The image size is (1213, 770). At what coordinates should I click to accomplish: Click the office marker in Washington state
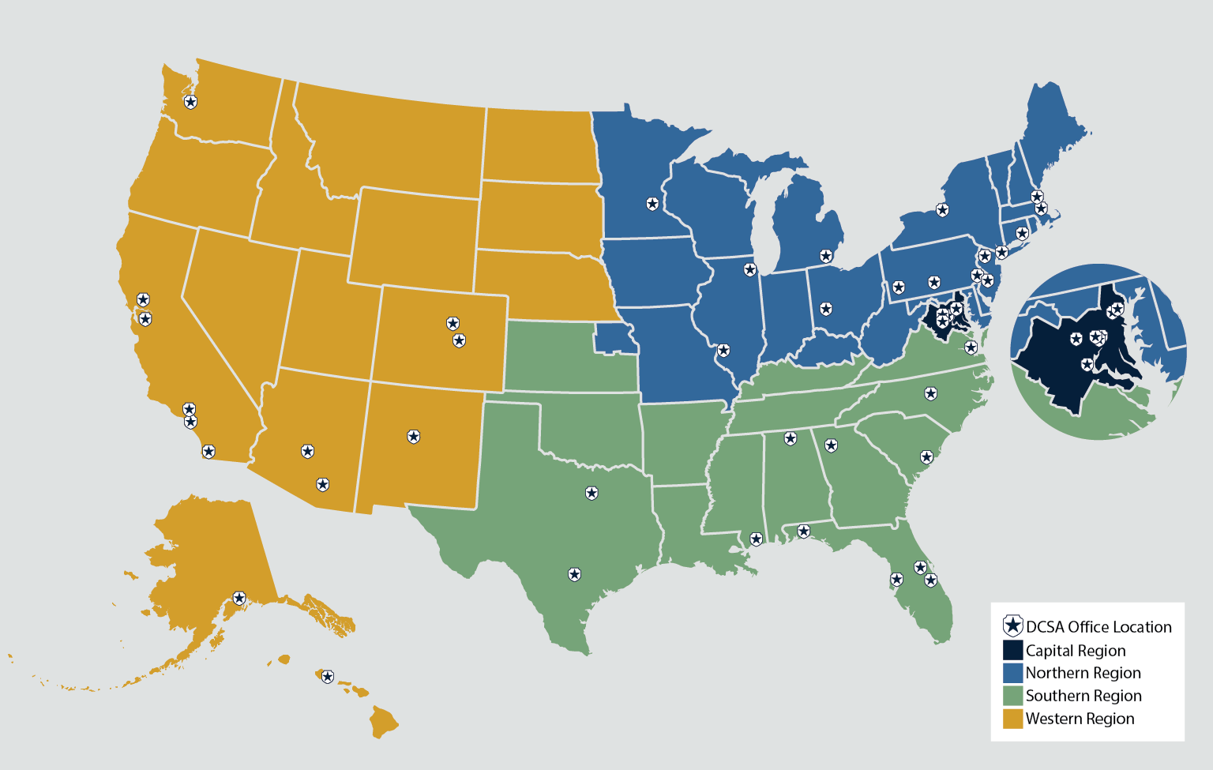tap(190, 102)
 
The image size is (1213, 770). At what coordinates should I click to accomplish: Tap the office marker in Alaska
tap(239, 599)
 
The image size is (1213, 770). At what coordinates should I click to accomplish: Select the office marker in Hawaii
tap(327, 677)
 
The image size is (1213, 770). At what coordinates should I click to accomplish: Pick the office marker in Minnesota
tap(652, 204)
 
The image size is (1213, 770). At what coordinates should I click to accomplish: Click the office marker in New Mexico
tap(413, 436)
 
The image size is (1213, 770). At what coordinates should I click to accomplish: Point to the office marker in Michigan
tap(826, 256)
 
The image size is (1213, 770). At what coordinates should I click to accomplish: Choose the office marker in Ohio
tap(826, 309)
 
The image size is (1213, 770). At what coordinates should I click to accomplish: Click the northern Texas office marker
tap(591, 493)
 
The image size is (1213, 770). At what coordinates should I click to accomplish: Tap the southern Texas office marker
tap(575, 574)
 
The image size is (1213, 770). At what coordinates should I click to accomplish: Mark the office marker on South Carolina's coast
tap(926, 457)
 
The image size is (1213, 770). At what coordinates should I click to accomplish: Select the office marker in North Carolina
tap(931, 393)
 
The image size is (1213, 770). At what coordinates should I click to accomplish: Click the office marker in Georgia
tap(831, 445)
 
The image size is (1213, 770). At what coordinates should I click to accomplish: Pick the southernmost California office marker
tap(208, 452)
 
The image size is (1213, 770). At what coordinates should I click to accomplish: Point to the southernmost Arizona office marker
tap(322, 484)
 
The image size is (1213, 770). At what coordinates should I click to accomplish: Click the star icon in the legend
tap(1012, 626)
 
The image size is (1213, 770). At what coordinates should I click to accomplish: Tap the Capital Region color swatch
tap(1012, 650)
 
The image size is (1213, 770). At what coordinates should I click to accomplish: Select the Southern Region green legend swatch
tap(1012, 696)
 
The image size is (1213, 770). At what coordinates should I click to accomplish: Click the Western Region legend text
tap(1080, 719)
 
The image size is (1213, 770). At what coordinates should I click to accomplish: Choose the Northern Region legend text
tap(1083, 673)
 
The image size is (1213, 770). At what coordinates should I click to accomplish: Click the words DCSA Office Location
tap(1098, 627)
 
